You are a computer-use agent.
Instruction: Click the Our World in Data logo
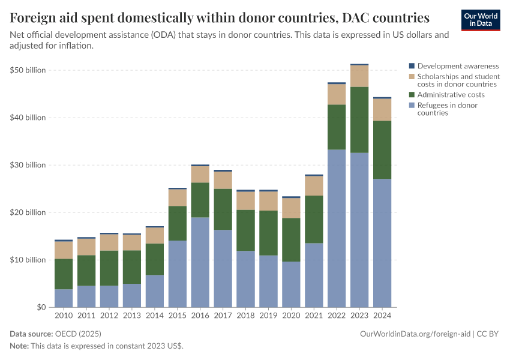pos(480,20)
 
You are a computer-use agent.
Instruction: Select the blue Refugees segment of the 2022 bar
pos(337,228)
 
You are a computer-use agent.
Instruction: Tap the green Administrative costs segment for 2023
pos(359,120)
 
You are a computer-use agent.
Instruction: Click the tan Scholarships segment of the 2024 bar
pos(382,110)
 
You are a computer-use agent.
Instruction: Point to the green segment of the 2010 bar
pos(63,274)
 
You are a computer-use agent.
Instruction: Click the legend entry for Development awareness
pos(458,66)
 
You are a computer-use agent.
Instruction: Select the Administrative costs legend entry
pos(451,95)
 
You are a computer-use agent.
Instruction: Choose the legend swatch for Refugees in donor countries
pos(412,106)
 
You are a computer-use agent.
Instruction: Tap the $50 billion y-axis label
pos(28,70)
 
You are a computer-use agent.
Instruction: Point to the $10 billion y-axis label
pos(28,260)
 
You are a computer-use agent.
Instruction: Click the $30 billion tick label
pos(28,165)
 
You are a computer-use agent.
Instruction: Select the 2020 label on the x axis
pos(291,315)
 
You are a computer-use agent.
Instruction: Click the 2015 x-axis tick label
pos(177,315)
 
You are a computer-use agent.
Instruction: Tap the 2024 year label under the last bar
pos(382,315)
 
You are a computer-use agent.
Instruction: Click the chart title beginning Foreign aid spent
pos(220,17)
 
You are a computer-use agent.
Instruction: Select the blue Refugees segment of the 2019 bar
pos(268,281)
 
